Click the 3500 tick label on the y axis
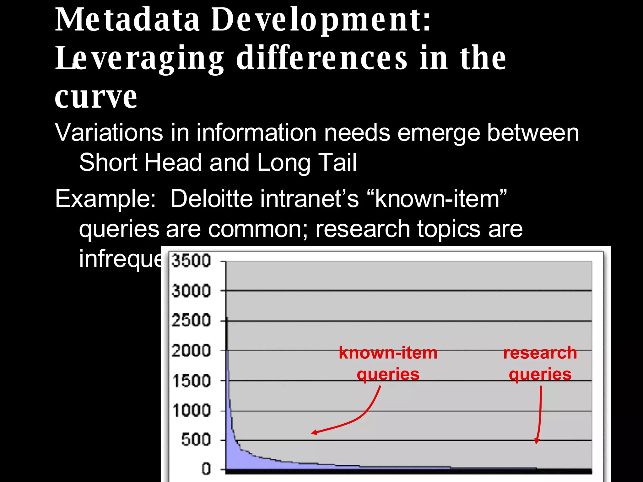click(191, 261)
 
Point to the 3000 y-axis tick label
click(191, 291)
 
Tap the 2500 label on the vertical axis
click(191, 321)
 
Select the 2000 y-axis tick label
click(191, 351)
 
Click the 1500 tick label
click(192, 381)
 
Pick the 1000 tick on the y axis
click(192, 410)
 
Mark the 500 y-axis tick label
click(196, 440)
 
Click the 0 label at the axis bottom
click(206, 469)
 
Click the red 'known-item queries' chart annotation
click(388, 363)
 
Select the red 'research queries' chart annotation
click(540, 363)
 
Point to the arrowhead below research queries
click(537, 441)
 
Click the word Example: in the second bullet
click(105, 199)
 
